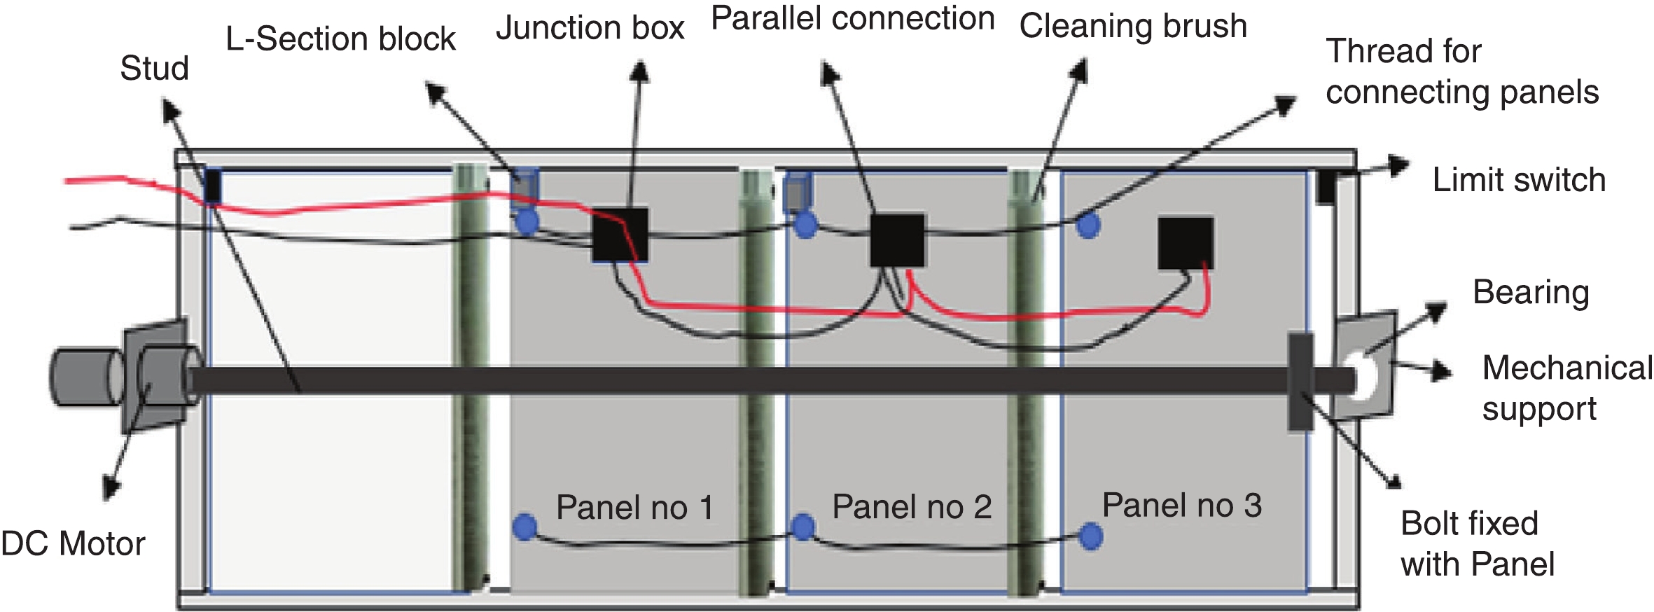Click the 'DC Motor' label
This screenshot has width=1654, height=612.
(73, 544)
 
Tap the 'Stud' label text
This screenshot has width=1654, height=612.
(154, 69)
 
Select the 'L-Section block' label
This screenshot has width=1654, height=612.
(340, 39)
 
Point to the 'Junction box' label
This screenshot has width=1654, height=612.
(590, 29)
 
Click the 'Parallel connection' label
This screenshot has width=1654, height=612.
(852, 18)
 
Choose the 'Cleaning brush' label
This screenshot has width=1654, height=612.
(1132, 26)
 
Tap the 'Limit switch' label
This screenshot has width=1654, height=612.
(1518, 180)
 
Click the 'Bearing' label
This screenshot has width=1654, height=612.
(1530, 292)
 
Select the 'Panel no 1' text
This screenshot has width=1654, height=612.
(634, 507)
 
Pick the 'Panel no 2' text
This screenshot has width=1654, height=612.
(911, 506)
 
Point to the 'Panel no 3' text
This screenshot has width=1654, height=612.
(1181, 505)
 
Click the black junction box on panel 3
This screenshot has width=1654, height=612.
(1186, 243)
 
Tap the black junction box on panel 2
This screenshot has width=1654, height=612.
(897, 240)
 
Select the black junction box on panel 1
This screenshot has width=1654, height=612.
(620, 235)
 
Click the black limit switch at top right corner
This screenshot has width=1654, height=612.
(1324, 187)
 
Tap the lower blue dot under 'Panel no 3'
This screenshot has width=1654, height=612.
(1090, 536)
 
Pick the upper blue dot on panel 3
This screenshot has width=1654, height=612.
(1087, 225)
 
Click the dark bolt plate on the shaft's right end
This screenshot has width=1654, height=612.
(1300, 382)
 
